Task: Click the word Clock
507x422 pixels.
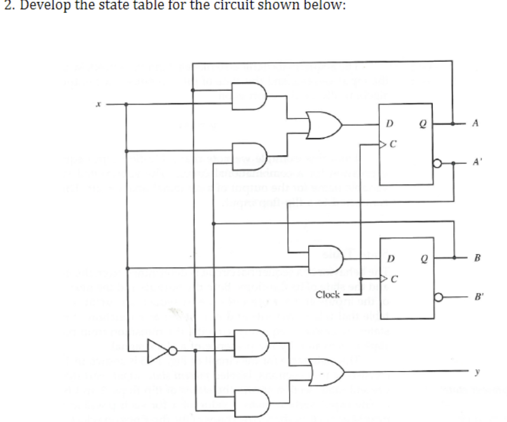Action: click(x=328, y=295)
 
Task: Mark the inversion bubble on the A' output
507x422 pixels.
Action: click(x=438, y=164)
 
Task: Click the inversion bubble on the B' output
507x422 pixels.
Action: click(x=438, y=298)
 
